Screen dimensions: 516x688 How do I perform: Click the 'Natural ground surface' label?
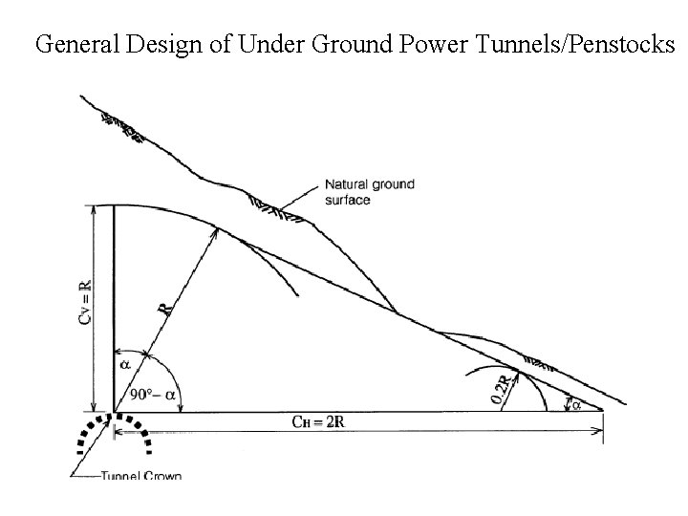tap(369, 192)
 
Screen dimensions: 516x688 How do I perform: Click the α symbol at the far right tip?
tap(575, 404)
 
